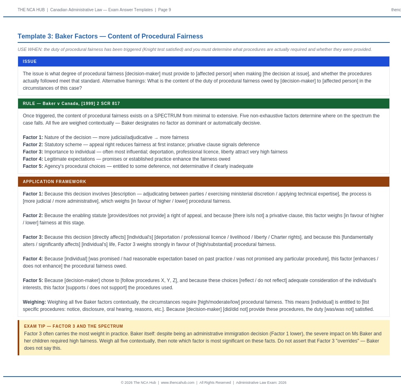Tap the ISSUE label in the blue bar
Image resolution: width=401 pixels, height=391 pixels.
coord(30,62)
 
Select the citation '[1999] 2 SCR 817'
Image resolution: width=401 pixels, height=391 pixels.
coord(101,104)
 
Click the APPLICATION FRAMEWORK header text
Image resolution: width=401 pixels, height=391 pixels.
coord(55,182)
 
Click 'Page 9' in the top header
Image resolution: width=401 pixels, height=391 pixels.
coord(164,10)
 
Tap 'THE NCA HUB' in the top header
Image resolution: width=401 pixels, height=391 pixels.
coord(31,10)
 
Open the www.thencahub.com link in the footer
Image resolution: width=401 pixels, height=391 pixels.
coord(178,383)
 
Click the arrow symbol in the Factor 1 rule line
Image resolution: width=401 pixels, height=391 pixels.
coord(156,138)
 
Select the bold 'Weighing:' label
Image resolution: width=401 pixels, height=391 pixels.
coord(34,302)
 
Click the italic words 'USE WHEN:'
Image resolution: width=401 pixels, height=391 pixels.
coord(30,50)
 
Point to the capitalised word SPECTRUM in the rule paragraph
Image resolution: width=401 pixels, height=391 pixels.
coord(168,116)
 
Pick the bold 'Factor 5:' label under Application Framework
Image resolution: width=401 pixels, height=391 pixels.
coord(33,280)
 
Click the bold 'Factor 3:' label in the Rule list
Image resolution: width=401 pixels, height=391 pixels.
coord(33,152)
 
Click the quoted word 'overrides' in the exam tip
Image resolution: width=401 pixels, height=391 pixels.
coord(348,341)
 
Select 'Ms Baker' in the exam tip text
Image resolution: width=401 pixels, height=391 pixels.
coord(361,334)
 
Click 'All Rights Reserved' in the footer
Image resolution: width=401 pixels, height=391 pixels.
coord(215,383)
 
